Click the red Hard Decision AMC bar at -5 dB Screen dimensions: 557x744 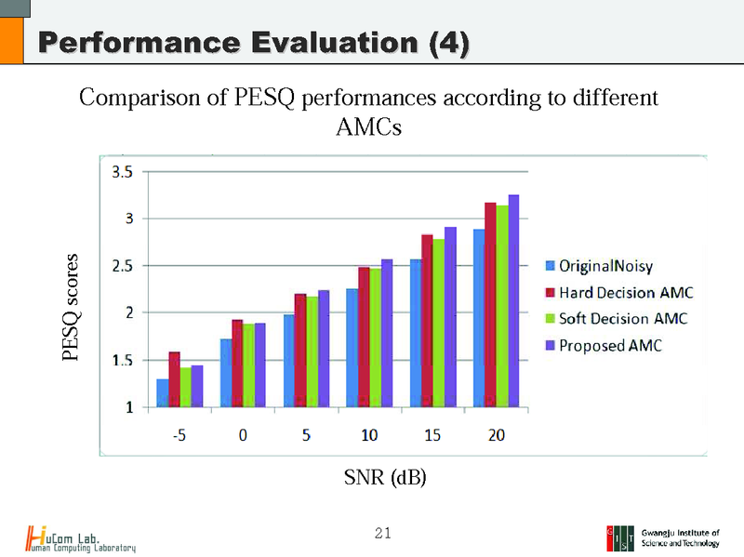click(x=174, y=379)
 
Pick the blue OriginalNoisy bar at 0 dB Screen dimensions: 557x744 click(x=226, y=373)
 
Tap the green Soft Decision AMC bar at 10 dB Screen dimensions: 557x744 click(x=376, y=338)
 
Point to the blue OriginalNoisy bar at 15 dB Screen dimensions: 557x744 click(x=416, y=333)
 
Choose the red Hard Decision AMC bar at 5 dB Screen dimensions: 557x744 click(x=300, y=351)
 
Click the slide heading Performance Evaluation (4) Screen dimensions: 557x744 click(x=251, y=43)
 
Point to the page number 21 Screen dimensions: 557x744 click(x=382, y=533)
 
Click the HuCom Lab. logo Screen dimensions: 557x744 click(x=81, y=538)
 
